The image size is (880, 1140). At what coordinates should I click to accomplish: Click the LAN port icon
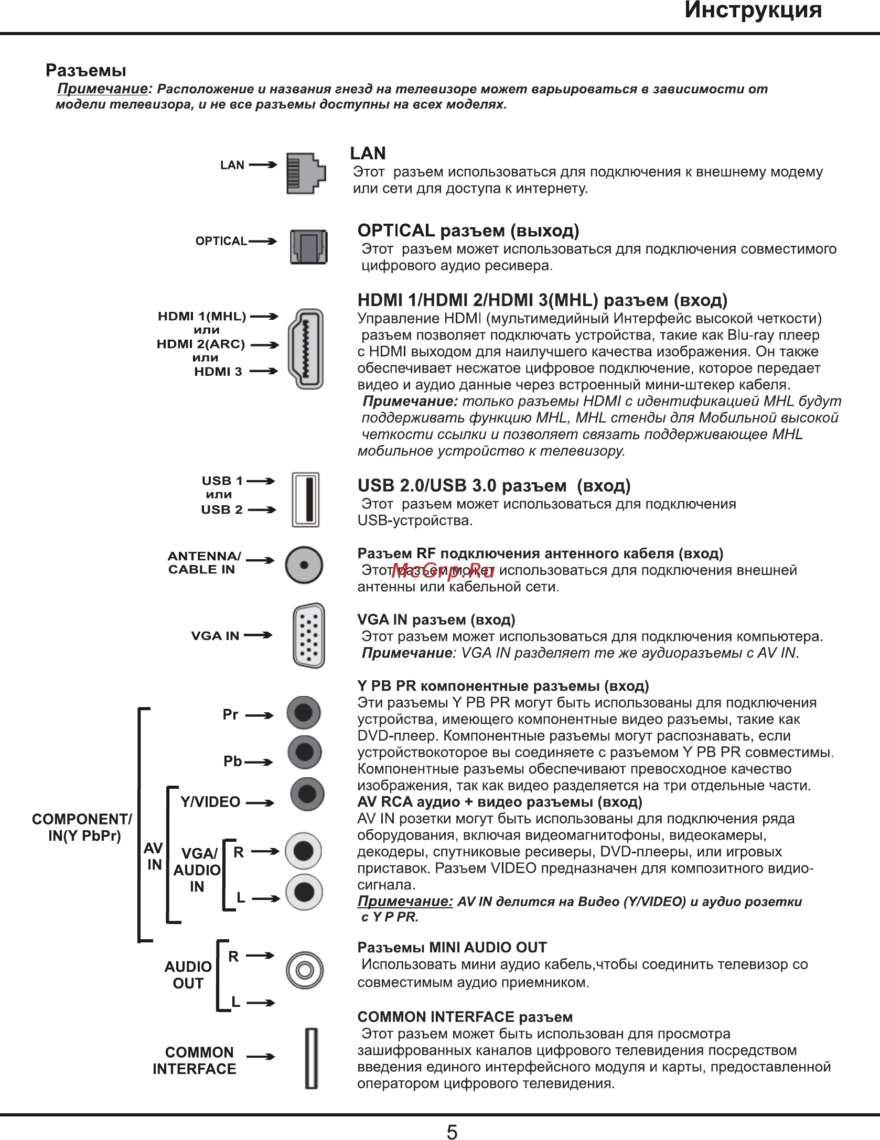point(306,173)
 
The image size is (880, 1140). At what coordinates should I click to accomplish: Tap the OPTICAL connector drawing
point(309,247)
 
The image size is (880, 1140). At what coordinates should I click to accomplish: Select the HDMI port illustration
point(306,349)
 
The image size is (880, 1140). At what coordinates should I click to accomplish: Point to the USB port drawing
point(305,500)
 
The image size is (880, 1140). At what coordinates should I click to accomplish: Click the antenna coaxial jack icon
point(304,565)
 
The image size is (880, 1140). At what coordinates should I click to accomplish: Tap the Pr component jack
point(304,713)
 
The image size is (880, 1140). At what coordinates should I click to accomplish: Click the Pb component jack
point(305,752)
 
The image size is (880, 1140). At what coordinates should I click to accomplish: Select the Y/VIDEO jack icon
point(307,794)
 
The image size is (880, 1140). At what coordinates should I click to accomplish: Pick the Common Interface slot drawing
point(312,1058)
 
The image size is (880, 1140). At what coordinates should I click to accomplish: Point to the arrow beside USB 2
point(261,509)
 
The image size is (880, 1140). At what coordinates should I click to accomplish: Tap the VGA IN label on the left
point(215,636)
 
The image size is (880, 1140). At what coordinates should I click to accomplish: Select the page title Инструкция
point(753,10)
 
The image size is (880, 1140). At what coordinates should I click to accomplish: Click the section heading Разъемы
point(86,70)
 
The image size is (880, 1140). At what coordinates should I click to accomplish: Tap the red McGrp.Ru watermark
point(443,571)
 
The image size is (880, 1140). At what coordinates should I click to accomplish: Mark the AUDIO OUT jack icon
point(305,970)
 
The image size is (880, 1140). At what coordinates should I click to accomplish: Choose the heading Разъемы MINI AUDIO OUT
point(452,947)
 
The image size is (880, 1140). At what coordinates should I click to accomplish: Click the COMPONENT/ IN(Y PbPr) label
point(82,827)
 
